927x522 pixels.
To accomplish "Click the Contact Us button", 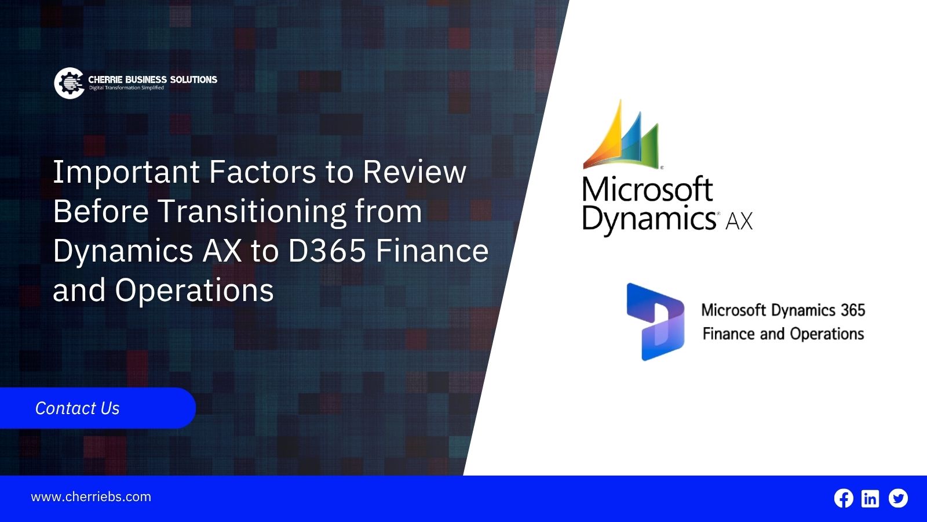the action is click(98, 408).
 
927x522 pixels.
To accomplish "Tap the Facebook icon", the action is click(844, 498).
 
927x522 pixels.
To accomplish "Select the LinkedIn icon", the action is click(870, 498).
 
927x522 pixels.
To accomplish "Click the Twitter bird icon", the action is click(898, 498).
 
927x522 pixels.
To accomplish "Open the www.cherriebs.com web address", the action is click(91, 496).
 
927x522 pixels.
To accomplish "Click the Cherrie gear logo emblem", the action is click(69, 84).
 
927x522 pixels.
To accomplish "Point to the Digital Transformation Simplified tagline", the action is click(127, 88).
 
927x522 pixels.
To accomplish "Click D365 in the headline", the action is click(327, 251).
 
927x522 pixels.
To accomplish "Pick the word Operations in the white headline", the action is click(194, 291).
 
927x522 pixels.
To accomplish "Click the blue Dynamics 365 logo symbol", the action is click(655, 322).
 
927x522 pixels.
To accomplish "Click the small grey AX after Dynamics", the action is click(739, 222).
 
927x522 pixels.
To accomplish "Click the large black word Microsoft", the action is click(648, 190).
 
